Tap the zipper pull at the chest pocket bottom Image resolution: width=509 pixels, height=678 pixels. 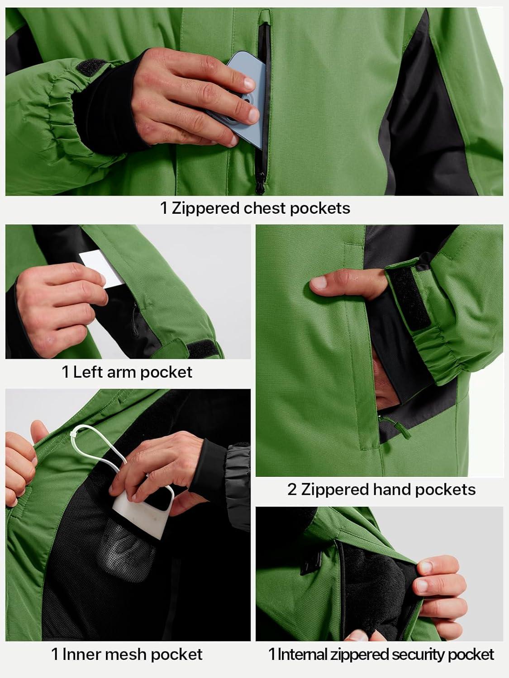[260, 184]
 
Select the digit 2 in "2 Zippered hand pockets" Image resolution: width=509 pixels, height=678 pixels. [292, 490]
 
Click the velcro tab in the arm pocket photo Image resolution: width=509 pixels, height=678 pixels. [202, 349]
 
